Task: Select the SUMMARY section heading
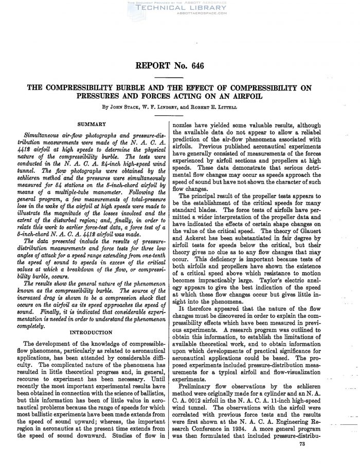(x=92, y=124)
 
